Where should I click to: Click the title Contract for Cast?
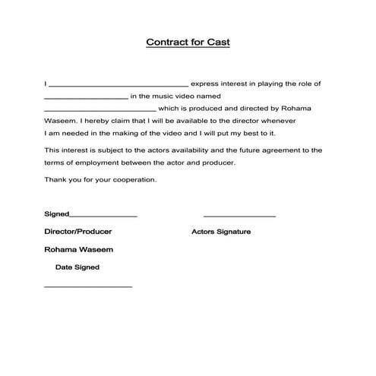[x=188, y=43]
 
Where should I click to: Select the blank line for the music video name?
[x=100, y=111]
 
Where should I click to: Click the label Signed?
[x=56, y=215]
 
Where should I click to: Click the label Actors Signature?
[x=221, y=232]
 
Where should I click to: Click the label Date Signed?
[x=77, y=267]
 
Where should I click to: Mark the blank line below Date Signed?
[x=88, y=287]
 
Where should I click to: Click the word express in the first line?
[x=207, y=84]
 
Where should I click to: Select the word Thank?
[x=55, y=180]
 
